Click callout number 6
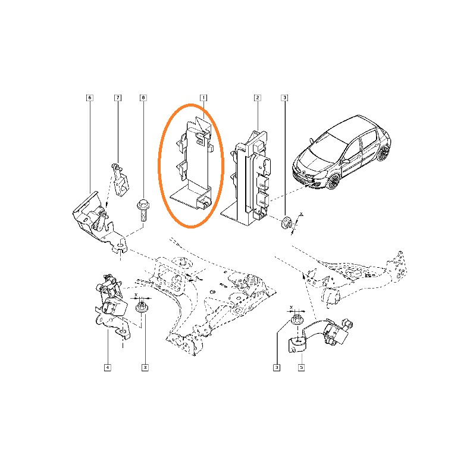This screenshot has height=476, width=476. coord(90,98)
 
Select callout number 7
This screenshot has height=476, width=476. coord(118,98)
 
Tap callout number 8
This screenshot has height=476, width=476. coord(143,98)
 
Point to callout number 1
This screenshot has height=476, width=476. coord(203,98)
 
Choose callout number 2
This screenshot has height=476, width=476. coord(258,98)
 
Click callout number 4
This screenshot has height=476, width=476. coord(108,368)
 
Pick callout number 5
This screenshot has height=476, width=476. coord(301,368)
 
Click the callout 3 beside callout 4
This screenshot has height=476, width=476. coord(145,368)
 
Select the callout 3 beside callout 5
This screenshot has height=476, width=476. coord(277,368)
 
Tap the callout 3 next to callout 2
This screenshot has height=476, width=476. coord(284,98)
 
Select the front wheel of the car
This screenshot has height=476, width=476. coord(333,181)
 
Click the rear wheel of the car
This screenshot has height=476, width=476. coord(383,153)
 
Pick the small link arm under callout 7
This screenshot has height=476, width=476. coord(120,180)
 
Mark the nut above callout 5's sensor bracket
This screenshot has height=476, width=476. coord(296,320)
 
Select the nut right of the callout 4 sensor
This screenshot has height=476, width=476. coord(142,306)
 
